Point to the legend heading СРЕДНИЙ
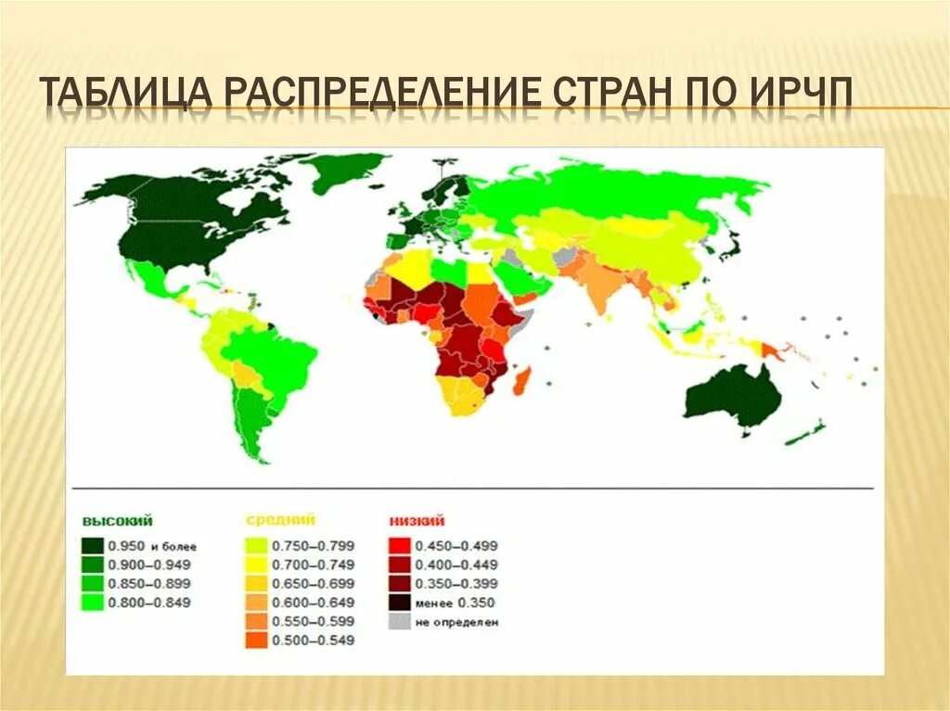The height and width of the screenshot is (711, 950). pos(280,520)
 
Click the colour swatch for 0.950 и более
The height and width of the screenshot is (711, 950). pos(92,546)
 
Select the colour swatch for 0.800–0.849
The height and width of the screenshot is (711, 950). pos(92,603)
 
